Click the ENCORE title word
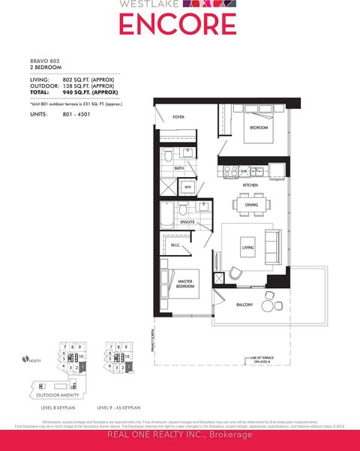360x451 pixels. point(179,25)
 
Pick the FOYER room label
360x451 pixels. point(178,117)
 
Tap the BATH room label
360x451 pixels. point(179,168)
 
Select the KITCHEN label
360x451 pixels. point(250,185)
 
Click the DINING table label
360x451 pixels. point(250,204)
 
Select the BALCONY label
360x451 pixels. point(244,304)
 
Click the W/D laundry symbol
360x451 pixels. point(188,187)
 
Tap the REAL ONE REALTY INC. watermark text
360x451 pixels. point(179,434)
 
